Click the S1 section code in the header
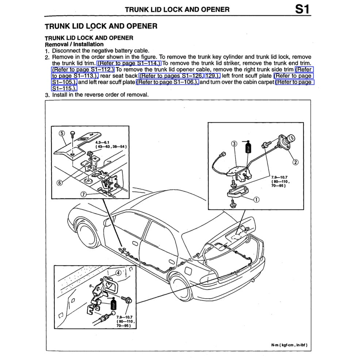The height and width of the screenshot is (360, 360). pos(303,9)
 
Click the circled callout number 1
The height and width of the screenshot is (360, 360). pos(256,200)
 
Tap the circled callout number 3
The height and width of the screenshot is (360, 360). pos(234,143)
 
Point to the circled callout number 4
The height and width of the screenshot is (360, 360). pos(118,272)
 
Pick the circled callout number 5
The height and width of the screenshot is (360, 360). pos(62,133)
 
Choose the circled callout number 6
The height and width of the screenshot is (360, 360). pos(59,183)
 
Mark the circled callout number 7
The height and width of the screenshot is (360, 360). pos(84,194)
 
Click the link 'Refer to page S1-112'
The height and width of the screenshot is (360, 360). pos(83,69)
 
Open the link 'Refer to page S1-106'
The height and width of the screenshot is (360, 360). pos(168,82)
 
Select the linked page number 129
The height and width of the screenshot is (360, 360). pos(212,76)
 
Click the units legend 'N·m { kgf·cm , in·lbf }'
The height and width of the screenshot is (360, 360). pos(291,344)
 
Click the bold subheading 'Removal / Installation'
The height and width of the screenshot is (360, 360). pos(74,44)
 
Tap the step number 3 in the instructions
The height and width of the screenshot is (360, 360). pos(47,95)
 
